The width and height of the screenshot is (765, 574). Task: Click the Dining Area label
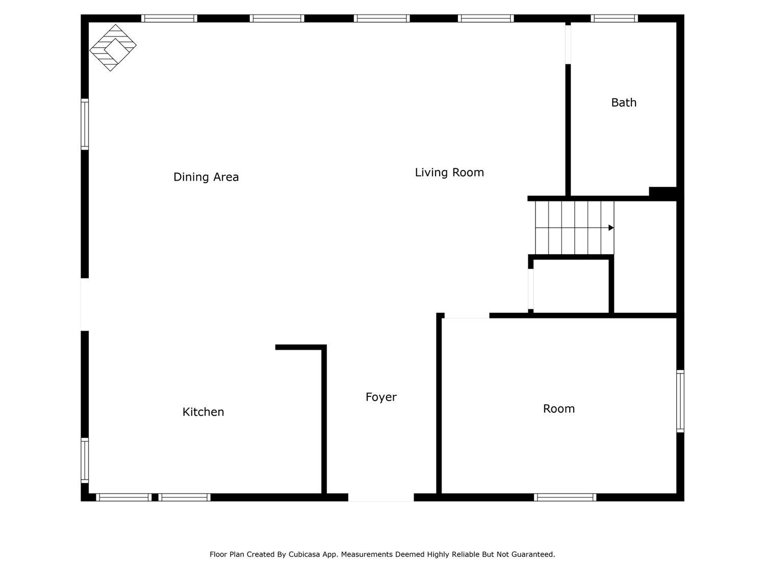(x=206, y=177)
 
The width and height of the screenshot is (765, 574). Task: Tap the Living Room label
(x=449, y=172)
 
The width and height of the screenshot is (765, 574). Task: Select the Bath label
(x=624, y=103)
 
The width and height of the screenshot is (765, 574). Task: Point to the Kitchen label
(x=203, y=412)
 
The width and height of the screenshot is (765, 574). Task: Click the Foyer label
(x=381, y=397)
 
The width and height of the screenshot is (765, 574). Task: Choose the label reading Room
(x=558, y=409)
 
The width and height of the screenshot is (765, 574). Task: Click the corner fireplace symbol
(x=113, y=48)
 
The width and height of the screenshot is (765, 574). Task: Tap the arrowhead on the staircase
(x=611, y=228)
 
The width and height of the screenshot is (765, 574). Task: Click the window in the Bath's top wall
(x=614, y=18)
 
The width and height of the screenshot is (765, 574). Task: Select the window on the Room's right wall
(x=680, y=401)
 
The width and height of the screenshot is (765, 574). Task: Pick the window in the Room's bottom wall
(x=565, y=497)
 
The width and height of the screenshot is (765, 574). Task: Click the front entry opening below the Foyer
(x=381, y=497)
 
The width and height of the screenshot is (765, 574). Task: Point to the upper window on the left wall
(x=85, y=124)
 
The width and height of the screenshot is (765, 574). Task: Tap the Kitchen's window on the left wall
(x=85, y=460)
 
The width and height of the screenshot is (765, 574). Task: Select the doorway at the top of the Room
(x=467, y=315)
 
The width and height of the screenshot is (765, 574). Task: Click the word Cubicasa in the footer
(x=304, y=554)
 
